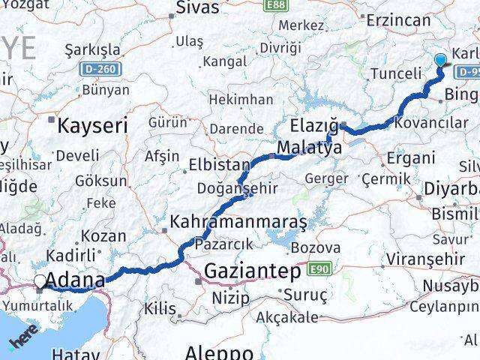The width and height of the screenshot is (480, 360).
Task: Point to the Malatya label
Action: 309,148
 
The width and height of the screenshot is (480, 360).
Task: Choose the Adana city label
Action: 75,281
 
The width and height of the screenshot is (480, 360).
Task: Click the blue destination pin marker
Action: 440,61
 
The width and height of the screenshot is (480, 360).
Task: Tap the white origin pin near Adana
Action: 40,282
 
